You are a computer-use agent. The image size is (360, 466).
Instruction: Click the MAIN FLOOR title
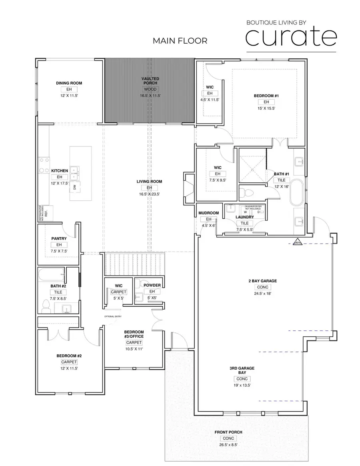tap(180, 41)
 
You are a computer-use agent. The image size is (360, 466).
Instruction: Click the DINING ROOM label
tap(69, 83)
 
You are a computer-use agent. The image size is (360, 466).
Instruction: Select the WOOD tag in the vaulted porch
tap(150, 89)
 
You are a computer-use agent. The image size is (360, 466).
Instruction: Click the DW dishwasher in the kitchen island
tap(75, 187)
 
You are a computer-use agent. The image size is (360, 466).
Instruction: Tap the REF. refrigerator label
tap(46, 213)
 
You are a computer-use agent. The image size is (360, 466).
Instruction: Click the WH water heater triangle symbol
tap(297, 242)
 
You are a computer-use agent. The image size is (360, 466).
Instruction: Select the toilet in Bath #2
tap(46, 307)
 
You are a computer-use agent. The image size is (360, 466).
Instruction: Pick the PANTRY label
tap(59, 238)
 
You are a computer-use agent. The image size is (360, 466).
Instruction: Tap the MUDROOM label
tap(208, 213)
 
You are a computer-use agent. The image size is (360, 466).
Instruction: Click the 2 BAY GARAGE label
tap(262, 281)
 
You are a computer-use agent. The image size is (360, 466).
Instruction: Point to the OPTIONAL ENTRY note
tap(112, 316)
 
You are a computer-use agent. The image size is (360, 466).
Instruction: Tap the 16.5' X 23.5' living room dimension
tap(149, 194)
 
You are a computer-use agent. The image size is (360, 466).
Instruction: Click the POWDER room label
tap(152, 285)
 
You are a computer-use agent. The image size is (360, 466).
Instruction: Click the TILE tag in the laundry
tap(244, 223)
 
